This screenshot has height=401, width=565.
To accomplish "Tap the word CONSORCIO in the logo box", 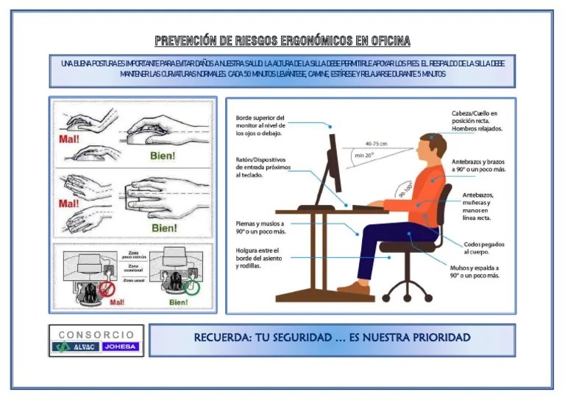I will click(96, 335).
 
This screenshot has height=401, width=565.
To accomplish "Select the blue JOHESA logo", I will click(121, 346).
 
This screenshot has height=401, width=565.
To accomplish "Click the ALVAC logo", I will click(78, 346).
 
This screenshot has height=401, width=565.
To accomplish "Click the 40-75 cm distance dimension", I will click(376, 144).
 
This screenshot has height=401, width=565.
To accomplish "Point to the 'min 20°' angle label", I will click(364, 156).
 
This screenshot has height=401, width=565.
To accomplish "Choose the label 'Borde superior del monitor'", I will click(260, 125).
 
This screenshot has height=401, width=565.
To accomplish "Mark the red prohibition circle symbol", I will click(107, 288).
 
